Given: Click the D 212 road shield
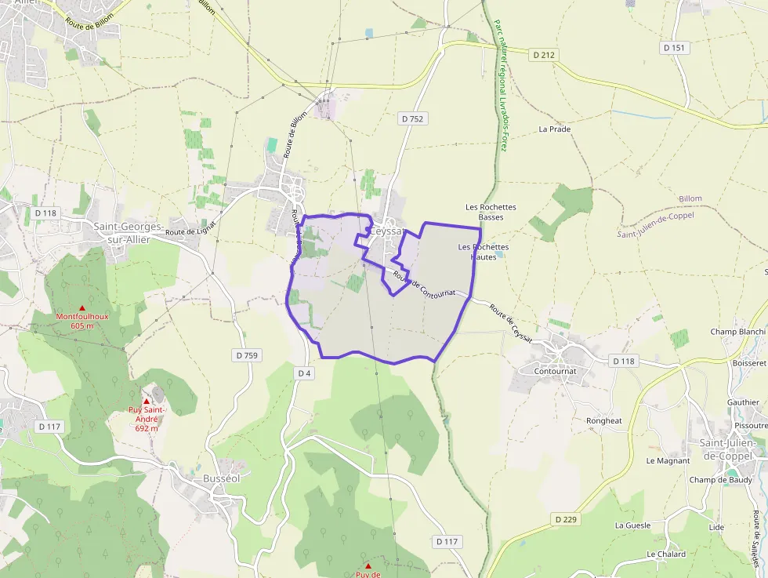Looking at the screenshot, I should click(543, 55).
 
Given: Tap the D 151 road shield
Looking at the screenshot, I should click(674, 48).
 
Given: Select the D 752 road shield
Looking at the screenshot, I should click(411, 118).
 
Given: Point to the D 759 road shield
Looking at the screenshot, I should click(246, 355).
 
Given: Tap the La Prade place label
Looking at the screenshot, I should click(555, 129).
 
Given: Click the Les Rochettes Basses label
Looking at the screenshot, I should click(491, 212).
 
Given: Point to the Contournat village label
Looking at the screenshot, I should click(555, 370).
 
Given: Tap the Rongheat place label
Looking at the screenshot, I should click(604, 421).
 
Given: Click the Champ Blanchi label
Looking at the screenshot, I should click(737, 332).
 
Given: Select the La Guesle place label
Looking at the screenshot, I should click(632, 525).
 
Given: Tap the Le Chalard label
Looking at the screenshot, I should click(666, 554).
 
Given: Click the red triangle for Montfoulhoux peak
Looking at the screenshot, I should click(82, 307).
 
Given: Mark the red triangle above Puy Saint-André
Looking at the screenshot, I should click(146, 402).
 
